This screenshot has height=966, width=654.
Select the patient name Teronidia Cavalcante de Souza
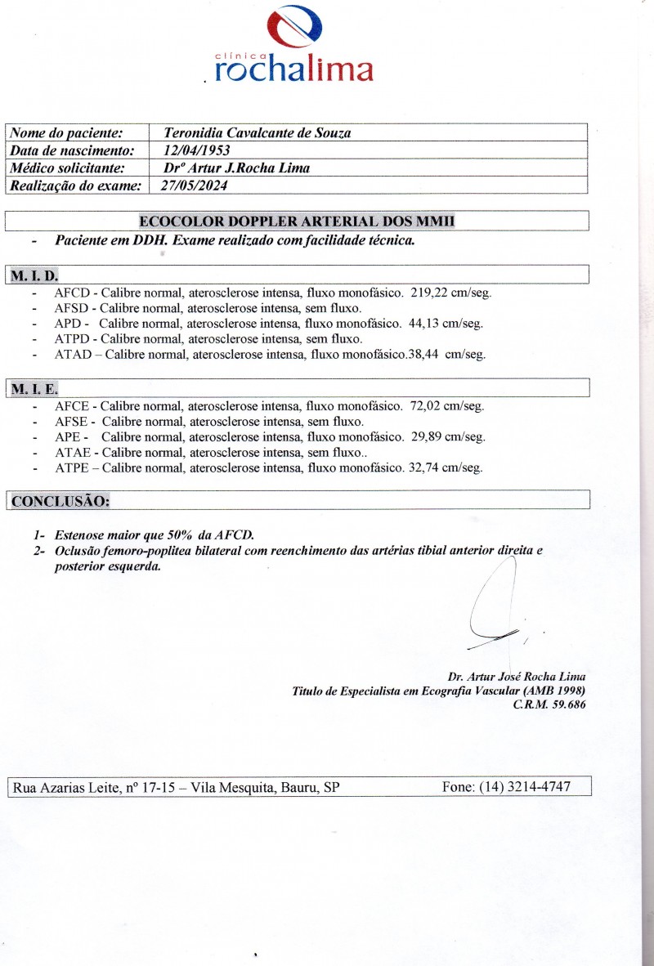[258, 132]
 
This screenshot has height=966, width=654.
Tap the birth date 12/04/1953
[196, 150]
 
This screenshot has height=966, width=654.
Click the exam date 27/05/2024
[196, 186]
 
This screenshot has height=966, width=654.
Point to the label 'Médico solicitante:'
[65, 168]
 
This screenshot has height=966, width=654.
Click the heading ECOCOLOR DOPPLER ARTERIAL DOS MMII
[297, 221]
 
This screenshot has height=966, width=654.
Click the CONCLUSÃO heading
[60, 500]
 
